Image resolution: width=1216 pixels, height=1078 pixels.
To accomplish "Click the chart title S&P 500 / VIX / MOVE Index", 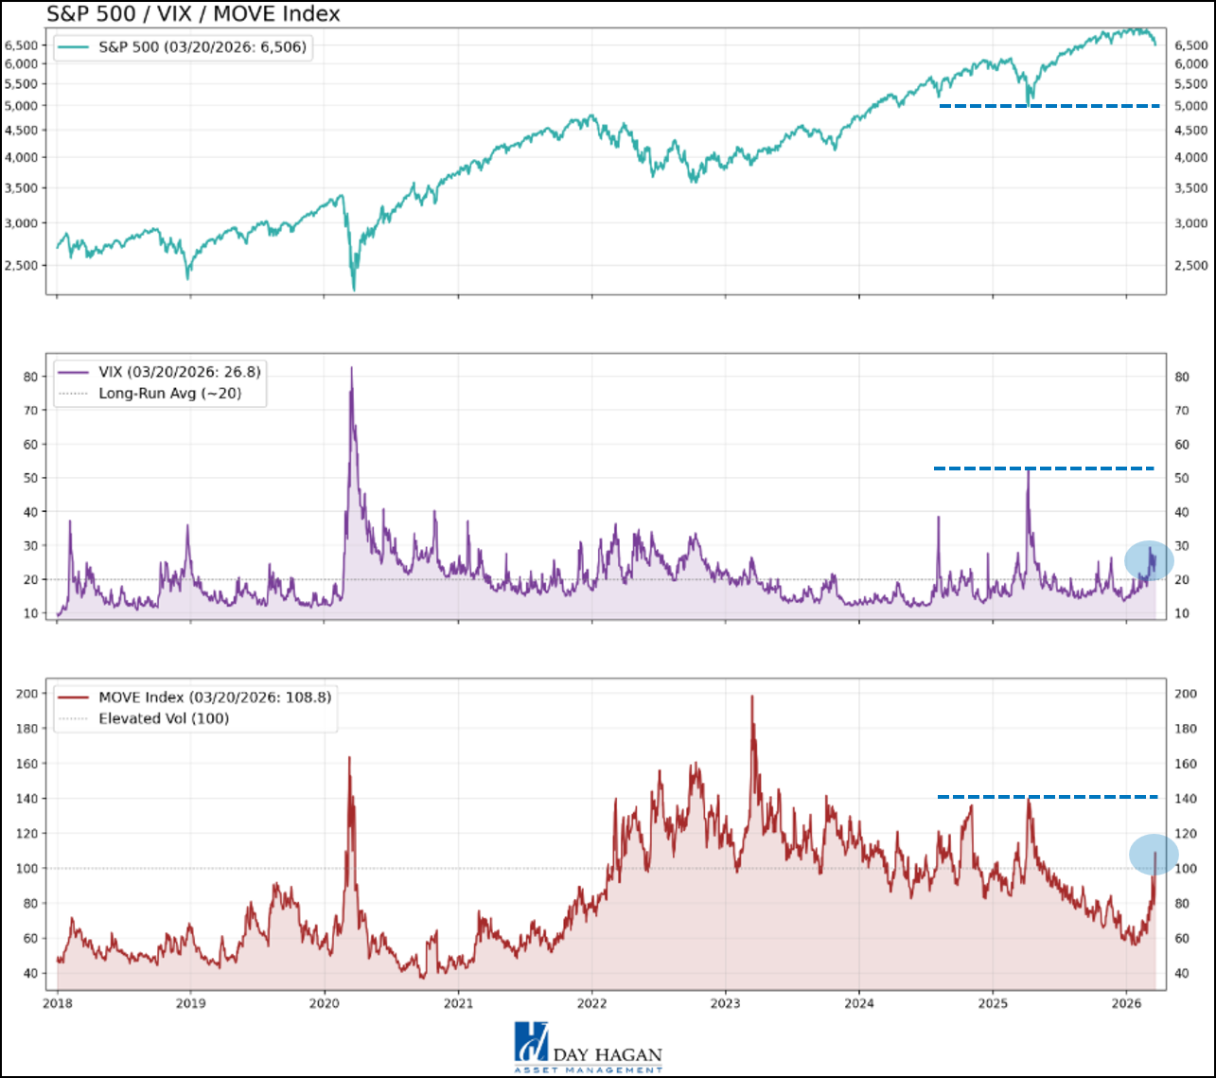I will click(x=193, y=14).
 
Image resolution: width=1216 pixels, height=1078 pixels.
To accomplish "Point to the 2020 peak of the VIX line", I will click(x=351, y=368).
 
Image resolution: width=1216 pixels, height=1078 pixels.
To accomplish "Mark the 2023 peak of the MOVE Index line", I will click(x=752, y=697).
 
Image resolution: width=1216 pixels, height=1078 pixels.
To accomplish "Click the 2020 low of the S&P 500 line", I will click(x=354, y=290).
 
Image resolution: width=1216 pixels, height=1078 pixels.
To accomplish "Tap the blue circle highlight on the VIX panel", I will click(x=1149, y=561).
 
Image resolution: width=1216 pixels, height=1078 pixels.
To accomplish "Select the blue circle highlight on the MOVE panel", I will click(x=1154, y=855).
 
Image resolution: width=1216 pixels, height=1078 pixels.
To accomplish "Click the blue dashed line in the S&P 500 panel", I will click(x=1049, y=106).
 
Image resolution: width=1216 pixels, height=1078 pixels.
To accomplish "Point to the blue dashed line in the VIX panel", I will click(x=1044, y=468).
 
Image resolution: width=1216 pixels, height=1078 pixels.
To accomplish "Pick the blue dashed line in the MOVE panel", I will click(x=1048, y=797).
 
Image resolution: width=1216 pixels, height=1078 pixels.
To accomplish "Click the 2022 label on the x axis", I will click(x=591, y=1002).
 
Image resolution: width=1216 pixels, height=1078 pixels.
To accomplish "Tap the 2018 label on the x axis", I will click(x=57, y=1002).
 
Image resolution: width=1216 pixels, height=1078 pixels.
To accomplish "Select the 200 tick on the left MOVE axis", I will click(x=26, y=694).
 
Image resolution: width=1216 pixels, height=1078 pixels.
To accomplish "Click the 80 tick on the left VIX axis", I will click(x=30, y=377).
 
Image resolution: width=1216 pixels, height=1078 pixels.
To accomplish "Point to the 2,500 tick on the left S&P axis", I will click(x=23, y=265).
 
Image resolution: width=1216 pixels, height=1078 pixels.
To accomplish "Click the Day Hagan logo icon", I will click(x=530, y=1041).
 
